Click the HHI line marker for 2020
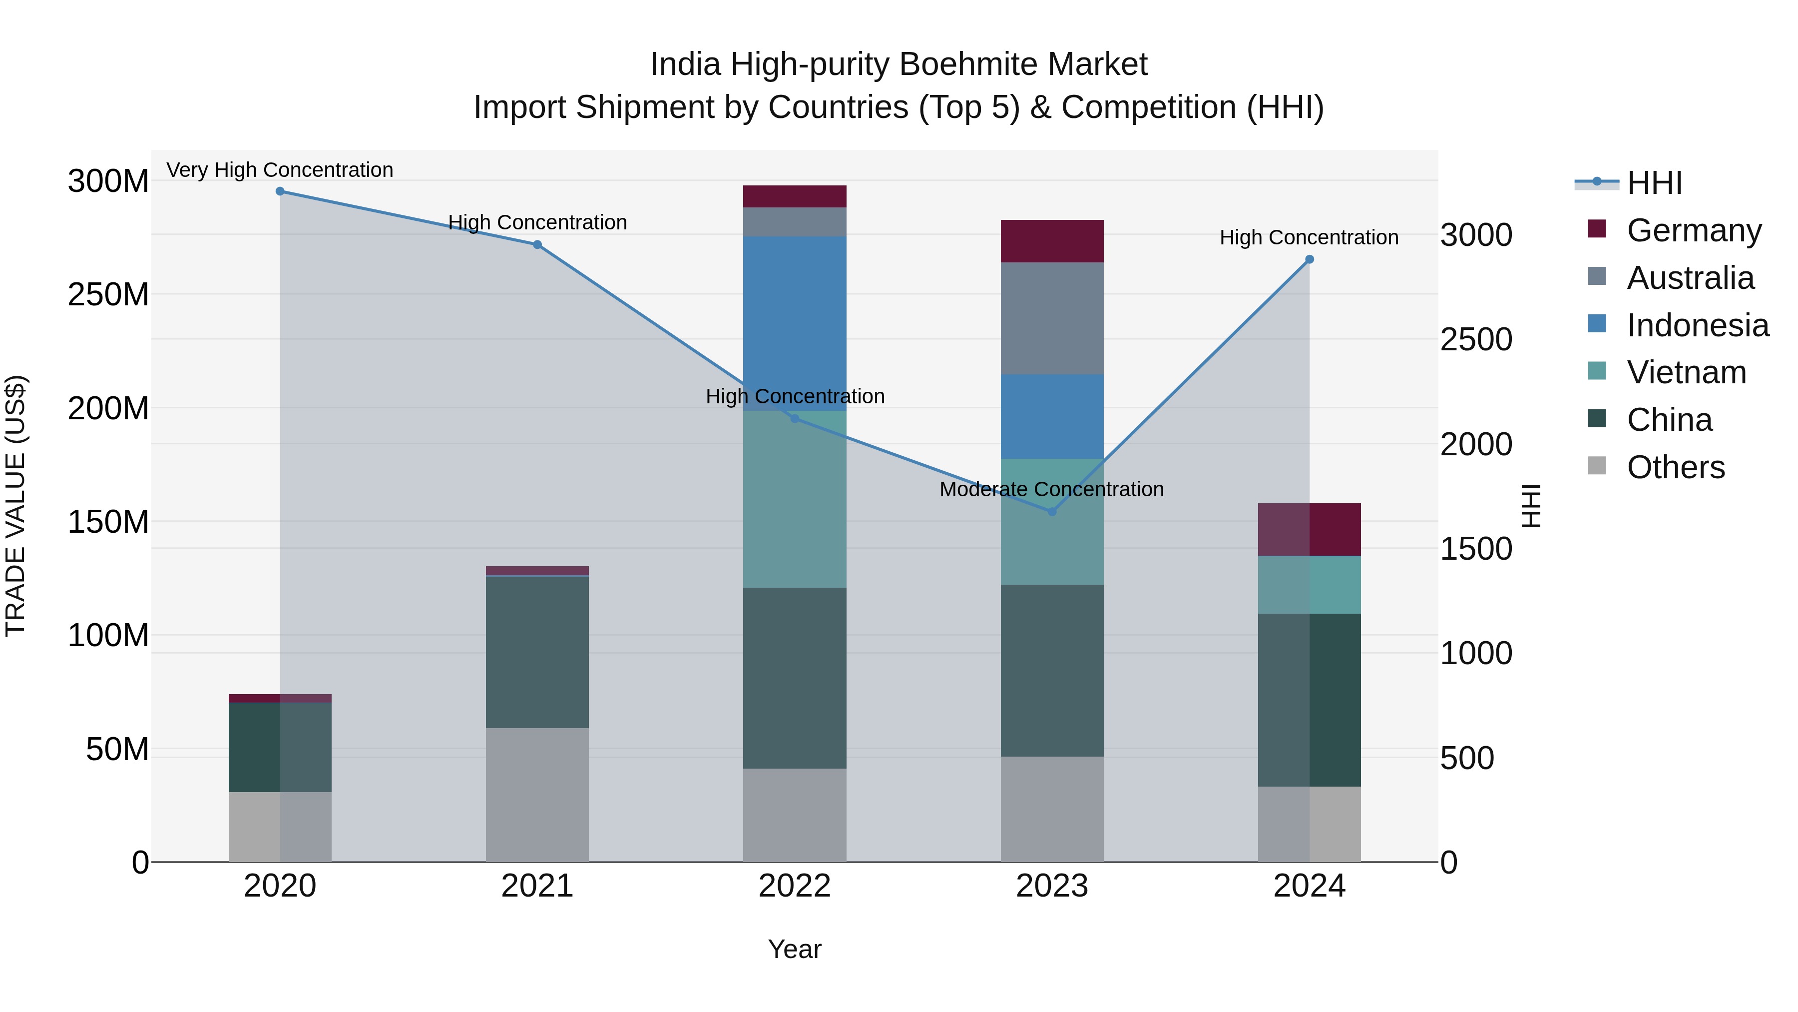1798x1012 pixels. point(280,191)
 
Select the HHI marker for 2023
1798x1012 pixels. point(1052,512)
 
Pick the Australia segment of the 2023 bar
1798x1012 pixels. point(1052,318)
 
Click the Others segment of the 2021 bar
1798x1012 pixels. point(537,795)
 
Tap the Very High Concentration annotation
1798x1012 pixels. point(280,170)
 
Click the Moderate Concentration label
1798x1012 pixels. point(1051,490)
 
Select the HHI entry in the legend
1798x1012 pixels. point(1654,183)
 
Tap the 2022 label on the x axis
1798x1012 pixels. point(794,886)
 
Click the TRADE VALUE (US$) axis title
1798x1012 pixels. point(15,506)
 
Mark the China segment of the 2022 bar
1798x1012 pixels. point(794,678)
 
